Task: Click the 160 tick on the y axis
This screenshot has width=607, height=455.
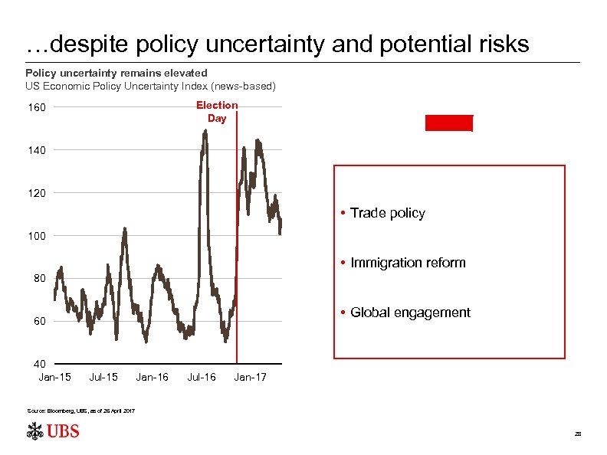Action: [38, 107]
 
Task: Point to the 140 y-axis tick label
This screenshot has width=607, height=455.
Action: [38, 150]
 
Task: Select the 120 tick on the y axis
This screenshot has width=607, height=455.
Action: [38, 193]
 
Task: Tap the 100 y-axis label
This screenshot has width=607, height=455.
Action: [38, 236]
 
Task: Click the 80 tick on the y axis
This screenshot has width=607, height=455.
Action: [39, 279]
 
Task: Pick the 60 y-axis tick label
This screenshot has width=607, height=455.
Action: [39, 322]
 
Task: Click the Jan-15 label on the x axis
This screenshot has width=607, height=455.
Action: [54, 377]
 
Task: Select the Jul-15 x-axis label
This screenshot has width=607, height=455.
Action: [103, 377]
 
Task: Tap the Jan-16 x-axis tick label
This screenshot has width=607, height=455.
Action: [153, 377]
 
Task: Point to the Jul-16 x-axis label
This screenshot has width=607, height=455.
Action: [202, 377]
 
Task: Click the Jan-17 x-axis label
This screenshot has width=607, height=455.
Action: [251, 377]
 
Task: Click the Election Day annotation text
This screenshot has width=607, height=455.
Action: [217, 112]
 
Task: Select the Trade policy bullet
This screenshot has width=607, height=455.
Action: [387, 213]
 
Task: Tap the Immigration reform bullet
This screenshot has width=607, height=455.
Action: [407, 263]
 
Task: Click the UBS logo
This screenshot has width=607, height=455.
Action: [53, 431]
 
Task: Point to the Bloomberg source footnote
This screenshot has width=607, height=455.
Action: [81, 411]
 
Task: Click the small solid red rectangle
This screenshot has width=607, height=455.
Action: [449, 123]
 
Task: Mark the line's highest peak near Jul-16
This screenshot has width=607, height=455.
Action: [205, 131]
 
